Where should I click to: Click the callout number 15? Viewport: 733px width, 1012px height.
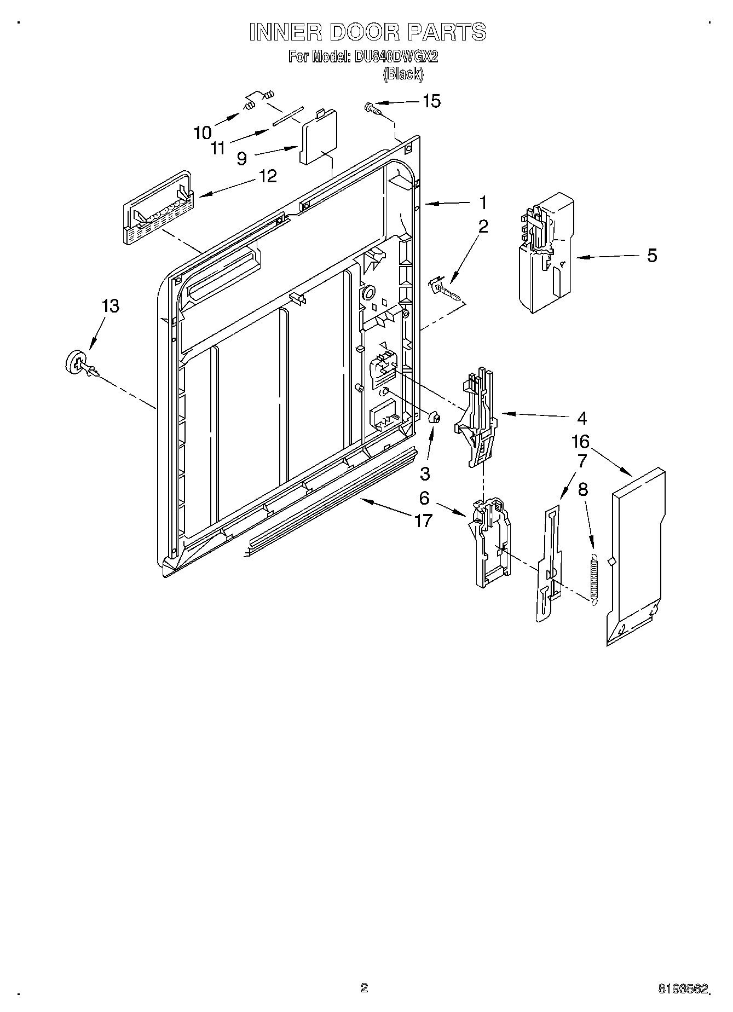431,101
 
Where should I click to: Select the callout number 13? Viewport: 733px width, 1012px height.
110,306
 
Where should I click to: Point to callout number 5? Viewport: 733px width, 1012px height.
652,256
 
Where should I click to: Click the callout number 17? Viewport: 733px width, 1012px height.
423,520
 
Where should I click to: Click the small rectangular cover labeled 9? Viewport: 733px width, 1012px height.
318,137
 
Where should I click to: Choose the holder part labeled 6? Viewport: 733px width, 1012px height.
490,542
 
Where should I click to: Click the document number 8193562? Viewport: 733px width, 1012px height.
683,988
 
